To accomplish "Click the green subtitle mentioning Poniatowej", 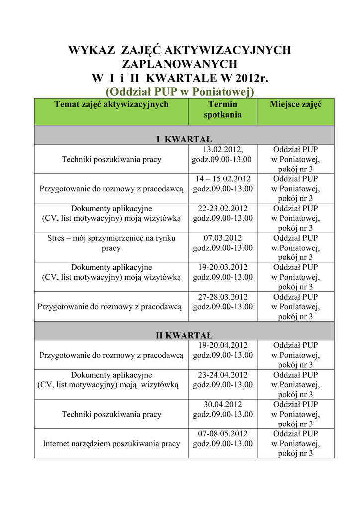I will click(180, 91).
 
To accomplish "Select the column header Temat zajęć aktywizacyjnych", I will click(111, 104).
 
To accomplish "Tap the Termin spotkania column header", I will click(222, 109).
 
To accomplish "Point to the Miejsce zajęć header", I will click(295, 104).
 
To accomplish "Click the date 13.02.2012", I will click(222, 149).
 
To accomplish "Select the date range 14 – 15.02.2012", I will click(222, 179).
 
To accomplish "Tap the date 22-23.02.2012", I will click(222, 208).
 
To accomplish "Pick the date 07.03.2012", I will click(222, 238).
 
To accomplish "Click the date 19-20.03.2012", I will click(222, 267).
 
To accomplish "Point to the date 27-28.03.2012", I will click(222, 297).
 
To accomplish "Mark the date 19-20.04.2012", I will click(222, 345).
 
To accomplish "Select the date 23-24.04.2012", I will click(222, 375).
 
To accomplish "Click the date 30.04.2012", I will click(222, 404).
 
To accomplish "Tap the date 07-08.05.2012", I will click(222, 434).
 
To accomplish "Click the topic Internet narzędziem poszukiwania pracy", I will click(111, 443).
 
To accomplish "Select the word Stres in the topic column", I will click(56, 238).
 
